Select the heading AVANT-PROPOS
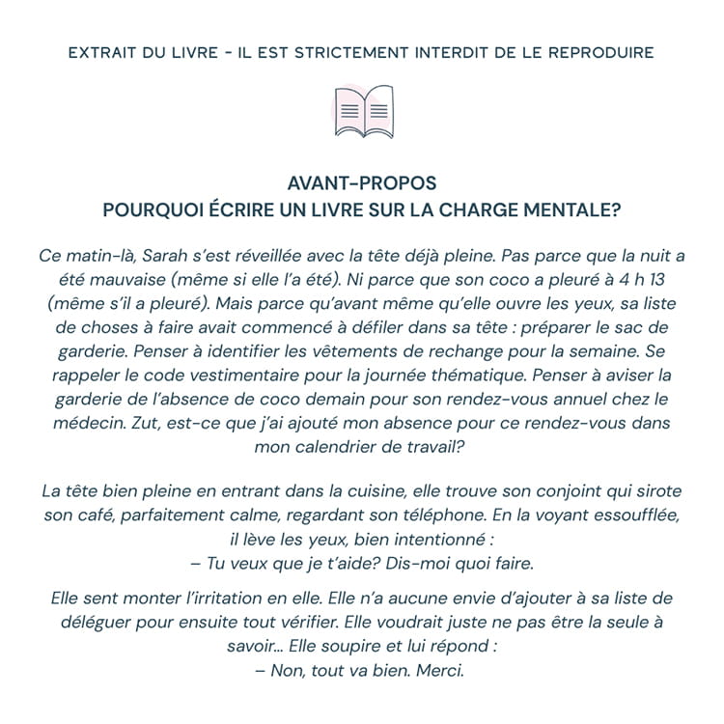[362, 182]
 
